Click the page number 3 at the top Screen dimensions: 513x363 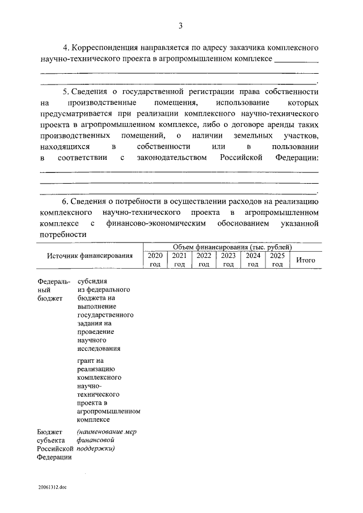coord(181,25)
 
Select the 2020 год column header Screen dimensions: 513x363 coord(155,260)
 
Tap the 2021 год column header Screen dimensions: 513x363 coord(179,260)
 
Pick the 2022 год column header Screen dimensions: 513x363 coord(204,260)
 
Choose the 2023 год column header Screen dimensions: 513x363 coord(228,260)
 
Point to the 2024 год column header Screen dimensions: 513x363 coord(252,260)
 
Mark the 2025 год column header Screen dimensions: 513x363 coord(277,260)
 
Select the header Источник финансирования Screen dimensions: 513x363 coord(90,256)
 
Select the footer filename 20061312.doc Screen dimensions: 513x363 coord(53,487)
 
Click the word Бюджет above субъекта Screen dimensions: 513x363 coord(50,431)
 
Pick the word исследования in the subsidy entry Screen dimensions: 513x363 coord(97,348)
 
